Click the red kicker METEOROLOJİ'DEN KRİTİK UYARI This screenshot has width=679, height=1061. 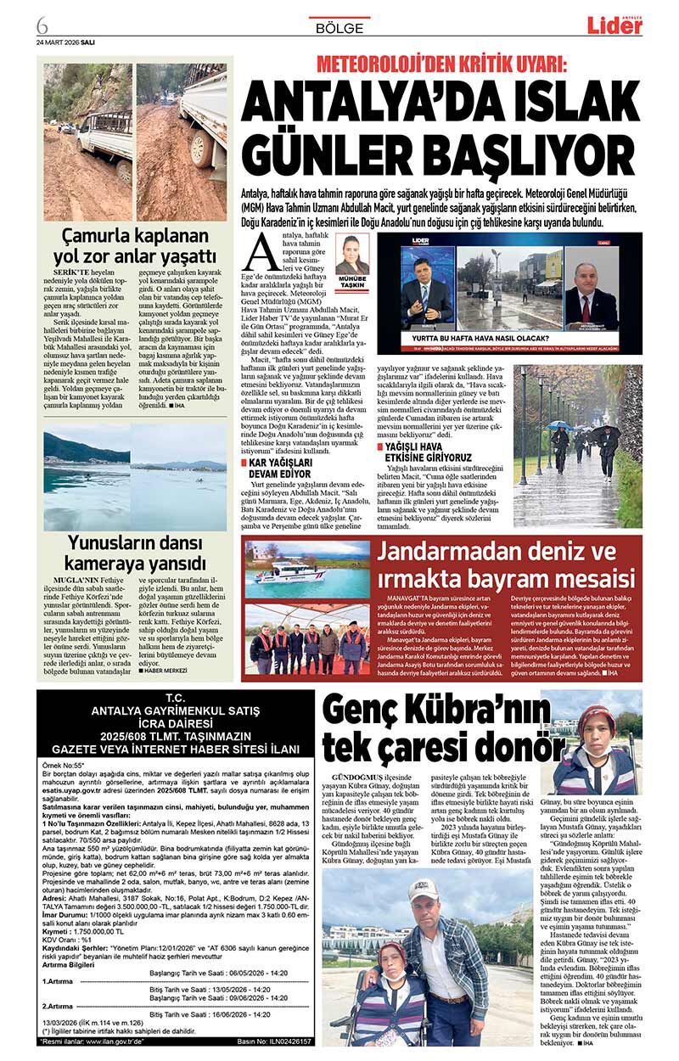441,65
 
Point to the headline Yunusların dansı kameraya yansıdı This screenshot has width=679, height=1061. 136,553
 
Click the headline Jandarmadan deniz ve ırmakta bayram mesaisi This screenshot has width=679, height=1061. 508,566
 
